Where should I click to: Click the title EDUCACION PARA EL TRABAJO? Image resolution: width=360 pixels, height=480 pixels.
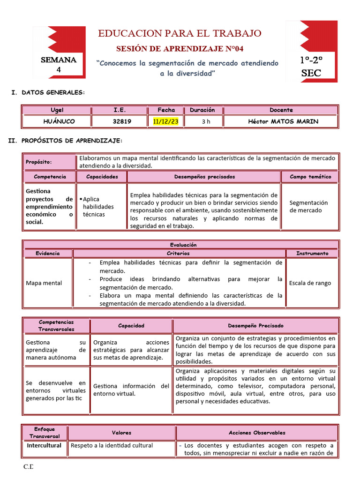[x=180, y=33]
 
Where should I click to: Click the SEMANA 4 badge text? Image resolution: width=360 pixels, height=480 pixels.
[x=59, y=65]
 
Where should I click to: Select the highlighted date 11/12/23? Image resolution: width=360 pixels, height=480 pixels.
[x=166, y=121]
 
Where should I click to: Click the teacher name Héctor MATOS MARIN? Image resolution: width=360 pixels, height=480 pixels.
[x=283, y=121]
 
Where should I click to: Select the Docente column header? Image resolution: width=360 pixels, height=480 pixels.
[x=281, y=110]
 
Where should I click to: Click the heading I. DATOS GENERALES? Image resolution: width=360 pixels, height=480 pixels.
[x=48, y=93]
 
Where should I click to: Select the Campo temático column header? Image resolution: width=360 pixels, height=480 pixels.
[x=310, y=177]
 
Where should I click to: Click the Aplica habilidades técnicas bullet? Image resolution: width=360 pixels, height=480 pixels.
[x=98, y=206]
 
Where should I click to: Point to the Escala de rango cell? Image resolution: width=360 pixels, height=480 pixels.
[x=310, y=283]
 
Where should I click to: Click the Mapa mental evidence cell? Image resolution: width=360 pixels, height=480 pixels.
[x=44, y=283]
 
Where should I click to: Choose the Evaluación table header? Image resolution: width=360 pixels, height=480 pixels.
[x=180, y=245]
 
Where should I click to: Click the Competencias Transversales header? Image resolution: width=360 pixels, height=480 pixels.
[x=56, y=326]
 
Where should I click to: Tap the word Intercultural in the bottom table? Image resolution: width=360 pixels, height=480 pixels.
[x=44, y=445]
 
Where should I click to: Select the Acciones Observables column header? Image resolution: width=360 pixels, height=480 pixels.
[x=257, y=433]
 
